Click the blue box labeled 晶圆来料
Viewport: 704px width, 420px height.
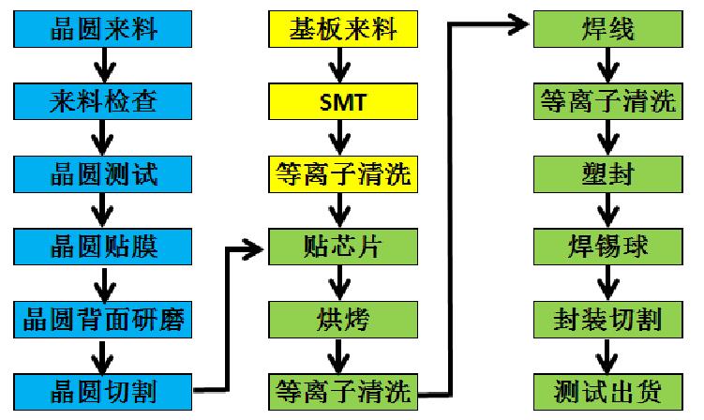pos(103,30)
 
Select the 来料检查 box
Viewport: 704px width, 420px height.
pos(103,101)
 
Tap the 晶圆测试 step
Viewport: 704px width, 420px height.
pos(103,172)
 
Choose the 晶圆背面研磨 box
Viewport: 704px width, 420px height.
pos(103,318)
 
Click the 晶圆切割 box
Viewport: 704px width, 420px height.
pos(103,389)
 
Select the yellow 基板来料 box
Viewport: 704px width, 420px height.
pos(341,30)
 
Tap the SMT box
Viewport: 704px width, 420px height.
pos(341,101)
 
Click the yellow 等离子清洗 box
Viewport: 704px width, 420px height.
pos(341,172)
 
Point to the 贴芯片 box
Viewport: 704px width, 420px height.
pos(341,246)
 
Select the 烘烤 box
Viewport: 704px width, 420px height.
pos(341,318)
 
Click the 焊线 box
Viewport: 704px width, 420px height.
pos(609,30)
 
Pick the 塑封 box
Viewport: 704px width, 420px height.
pos(609,172)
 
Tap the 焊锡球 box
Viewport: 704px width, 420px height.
pos(609,246)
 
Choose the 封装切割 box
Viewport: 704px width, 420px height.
pos(609,318)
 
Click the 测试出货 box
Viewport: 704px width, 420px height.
pos(609,389)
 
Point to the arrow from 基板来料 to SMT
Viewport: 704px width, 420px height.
pos(341,66)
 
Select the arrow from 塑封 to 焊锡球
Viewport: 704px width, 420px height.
pos(609,209)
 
